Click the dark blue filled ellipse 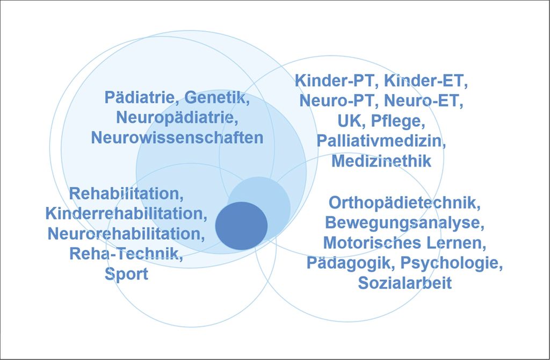[x=241, y=226]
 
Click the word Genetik [x=217, y=97]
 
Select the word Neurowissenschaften [x=177, y=138]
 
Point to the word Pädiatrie [x=142, y=97]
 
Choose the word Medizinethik [x=381, y=161]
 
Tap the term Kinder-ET [x=426, y=81]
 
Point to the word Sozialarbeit [x=405, y=283]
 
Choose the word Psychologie [x=451, y=263]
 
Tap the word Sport [x=126, y=274]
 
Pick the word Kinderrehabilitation [x=126, y=213]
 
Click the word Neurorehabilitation [x=126, y=234]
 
